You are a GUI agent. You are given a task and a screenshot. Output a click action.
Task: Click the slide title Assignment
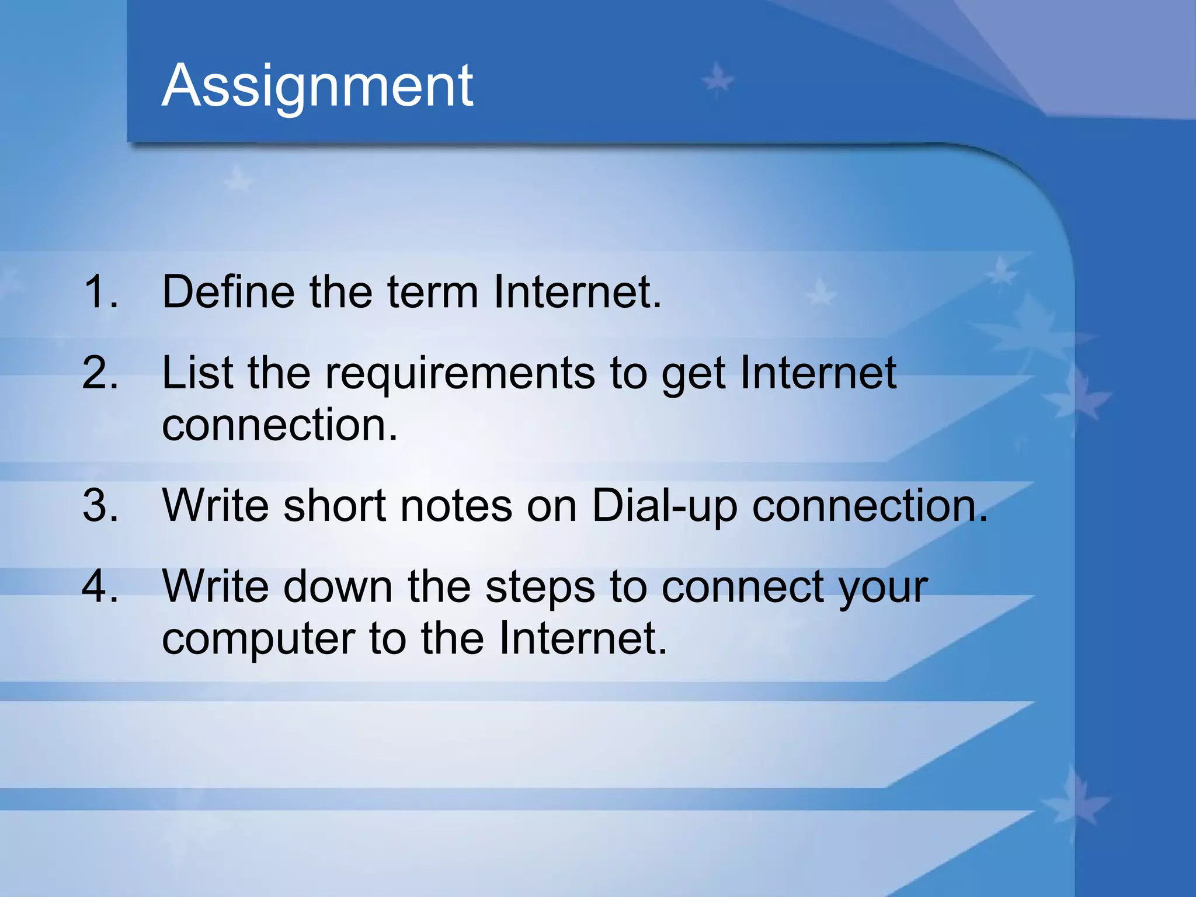[x=317, y=86]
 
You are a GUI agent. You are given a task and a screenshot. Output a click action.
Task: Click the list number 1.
[x=100, y=291]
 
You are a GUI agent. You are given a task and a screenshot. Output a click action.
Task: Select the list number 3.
[x=100, y=505]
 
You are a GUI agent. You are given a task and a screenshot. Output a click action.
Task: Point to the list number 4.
[x=100, y=586]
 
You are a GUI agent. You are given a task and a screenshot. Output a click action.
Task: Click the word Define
[x=228, y=291]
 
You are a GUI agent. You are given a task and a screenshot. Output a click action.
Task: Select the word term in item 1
[x=433, y=291]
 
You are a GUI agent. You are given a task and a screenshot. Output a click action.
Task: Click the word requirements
[x=460, y=374]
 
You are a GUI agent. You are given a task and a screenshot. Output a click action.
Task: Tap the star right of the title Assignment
[x=717, y=80]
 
